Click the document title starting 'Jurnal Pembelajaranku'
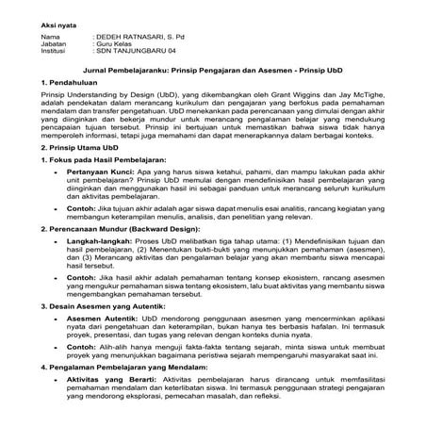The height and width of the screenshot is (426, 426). tap(212, 71)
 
